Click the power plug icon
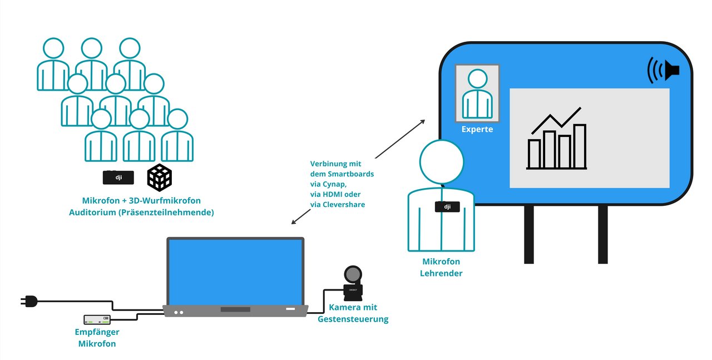coord(29,301)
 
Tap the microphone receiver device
coord(97,319)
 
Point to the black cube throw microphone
coord(160,177)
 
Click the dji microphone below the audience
coord(118,177)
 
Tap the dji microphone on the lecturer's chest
coord(446,207)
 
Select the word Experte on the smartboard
coord(477,130)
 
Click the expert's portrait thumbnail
coord(477,93)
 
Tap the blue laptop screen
coord(236,271)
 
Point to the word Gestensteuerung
coord(353,319)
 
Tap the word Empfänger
coord(97,332)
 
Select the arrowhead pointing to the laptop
coord(294,222)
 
